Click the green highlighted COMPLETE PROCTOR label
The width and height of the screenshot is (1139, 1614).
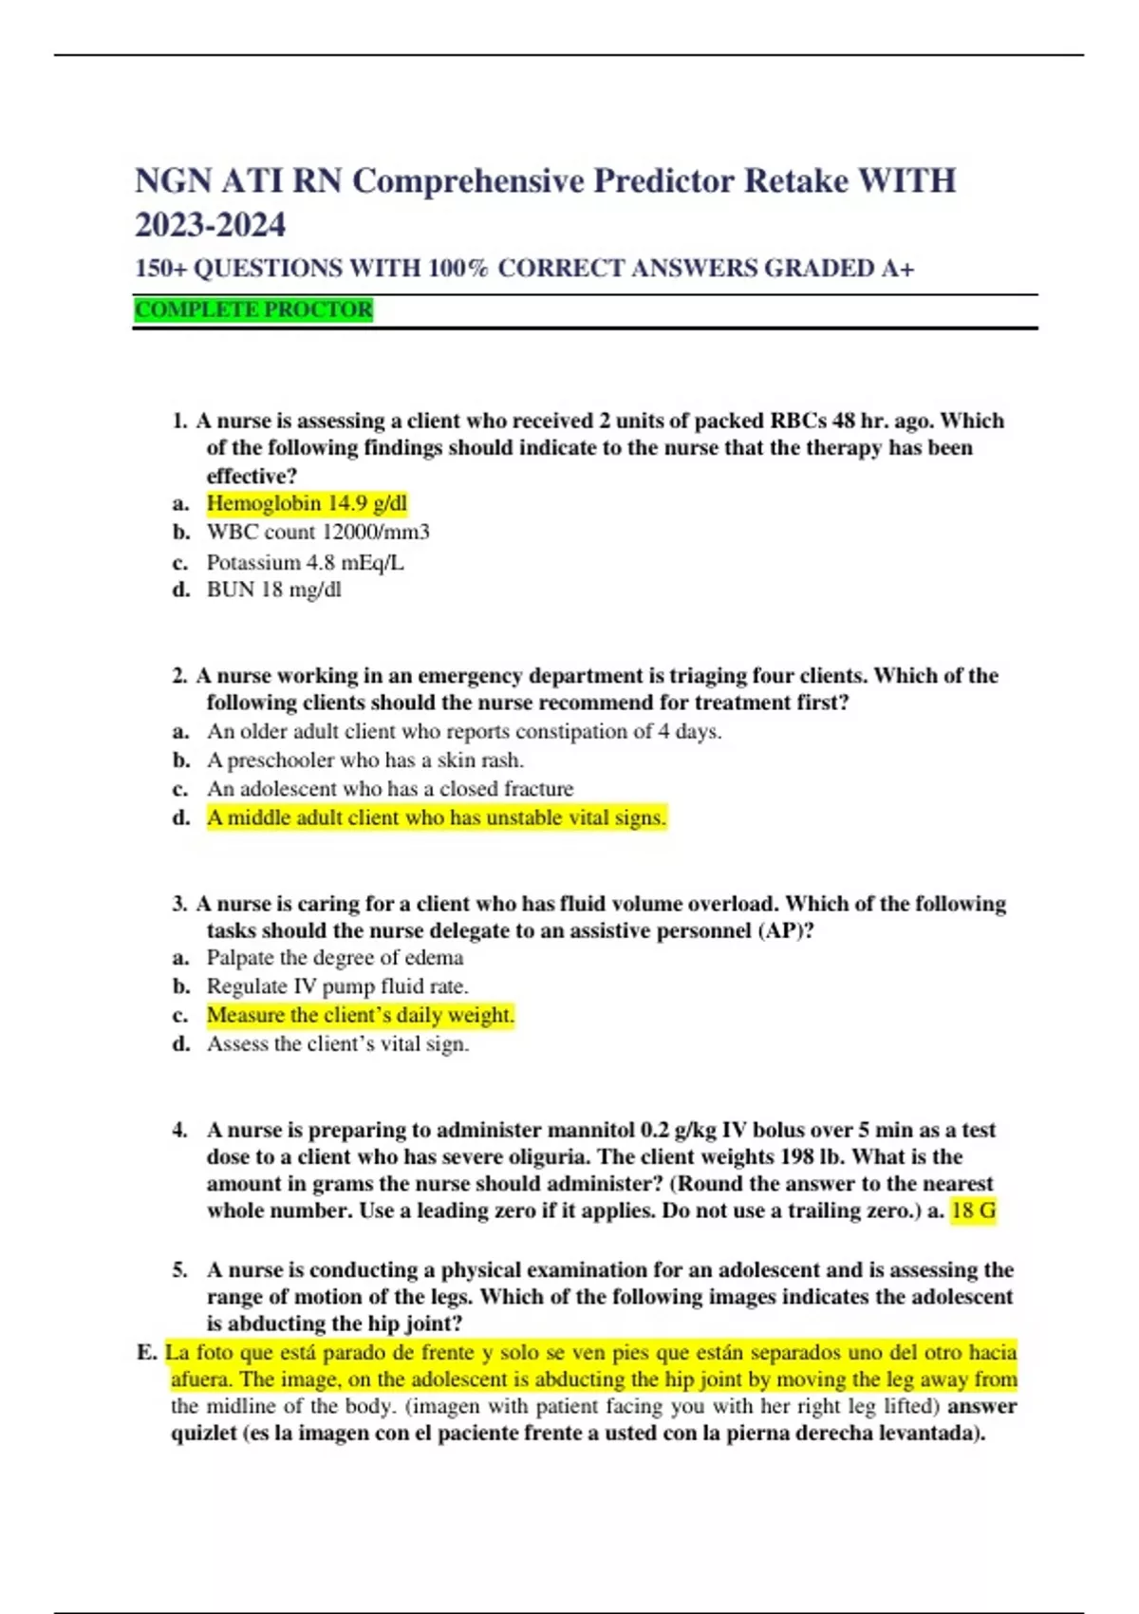pos(253,310)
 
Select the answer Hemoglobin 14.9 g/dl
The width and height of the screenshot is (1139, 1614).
pos(307,503)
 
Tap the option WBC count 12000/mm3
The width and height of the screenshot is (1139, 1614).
pos(318,532)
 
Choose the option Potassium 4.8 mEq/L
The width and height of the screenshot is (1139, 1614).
pos(305,562)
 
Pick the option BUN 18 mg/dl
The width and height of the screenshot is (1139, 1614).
pos(273,590)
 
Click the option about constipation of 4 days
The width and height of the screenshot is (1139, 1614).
pos(464,732)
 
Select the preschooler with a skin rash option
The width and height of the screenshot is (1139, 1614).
pos(365,760)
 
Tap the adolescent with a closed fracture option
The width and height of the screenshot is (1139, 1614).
pos(390,789)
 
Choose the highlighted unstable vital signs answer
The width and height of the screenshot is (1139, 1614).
pos(437,817)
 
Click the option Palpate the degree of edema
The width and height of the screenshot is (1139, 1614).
pos(335,958)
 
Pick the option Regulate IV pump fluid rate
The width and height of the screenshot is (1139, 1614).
pos(337,986)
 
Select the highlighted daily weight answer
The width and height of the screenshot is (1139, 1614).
pos(360,1015)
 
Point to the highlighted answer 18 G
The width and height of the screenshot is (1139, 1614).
pos(973,1210)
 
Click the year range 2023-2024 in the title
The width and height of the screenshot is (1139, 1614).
pos(210,225)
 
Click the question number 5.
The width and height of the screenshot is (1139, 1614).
pos(180,1270)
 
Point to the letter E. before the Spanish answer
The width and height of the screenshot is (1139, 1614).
pos(146,1352)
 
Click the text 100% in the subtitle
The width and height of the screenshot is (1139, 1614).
pos(457,269)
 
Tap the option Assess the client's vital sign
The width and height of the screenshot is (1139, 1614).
pos(338,1044)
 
